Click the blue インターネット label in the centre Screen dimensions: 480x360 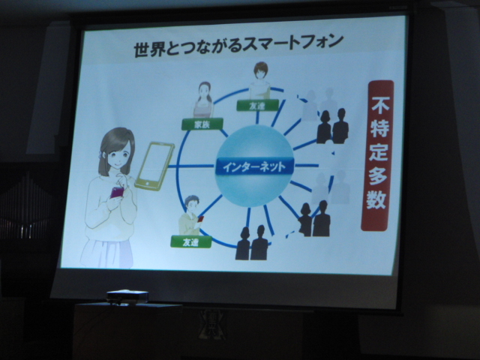coord(255,166)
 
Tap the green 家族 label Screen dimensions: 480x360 coord(202,124)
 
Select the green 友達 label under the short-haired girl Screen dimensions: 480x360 coord(258,106)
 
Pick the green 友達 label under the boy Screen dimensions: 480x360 coord(191,241)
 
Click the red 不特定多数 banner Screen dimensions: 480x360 coord(377,155)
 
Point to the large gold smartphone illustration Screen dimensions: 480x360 coord(154,166)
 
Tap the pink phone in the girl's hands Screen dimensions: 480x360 coord(117,193)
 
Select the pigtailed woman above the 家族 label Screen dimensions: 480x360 coord(203,100)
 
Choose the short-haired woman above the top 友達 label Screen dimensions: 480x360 coord(260,80)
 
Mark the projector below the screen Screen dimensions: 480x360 coord(127,296)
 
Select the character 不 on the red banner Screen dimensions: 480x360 coord(380,104)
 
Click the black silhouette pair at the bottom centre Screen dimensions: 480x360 coord(252,243)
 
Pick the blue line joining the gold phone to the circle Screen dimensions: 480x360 coord(190,166)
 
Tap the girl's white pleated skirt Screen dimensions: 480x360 coord(107,253)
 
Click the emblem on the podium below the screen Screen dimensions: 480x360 coord(212,325)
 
